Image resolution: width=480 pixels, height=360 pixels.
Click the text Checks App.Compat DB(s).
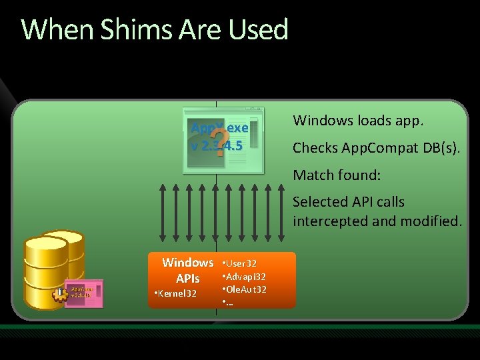pos(376,148)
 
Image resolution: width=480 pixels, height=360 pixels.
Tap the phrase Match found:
pos(337,175)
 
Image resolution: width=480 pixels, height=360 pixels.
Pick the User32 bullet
pos(241,264)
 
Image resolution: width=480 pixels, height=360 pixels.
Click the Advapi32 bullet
pos(245,277)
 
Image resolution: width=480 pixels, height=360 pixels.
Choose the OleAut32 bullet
pos(245,289)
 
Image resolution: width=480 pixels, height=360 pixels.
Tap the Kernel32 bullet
pos(176,293)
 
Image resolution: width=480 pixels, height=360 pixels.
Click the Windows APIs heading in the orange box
pos(187,271)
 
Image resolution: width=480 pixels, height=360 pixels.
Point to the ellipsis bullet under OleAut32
pos(228,303)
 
